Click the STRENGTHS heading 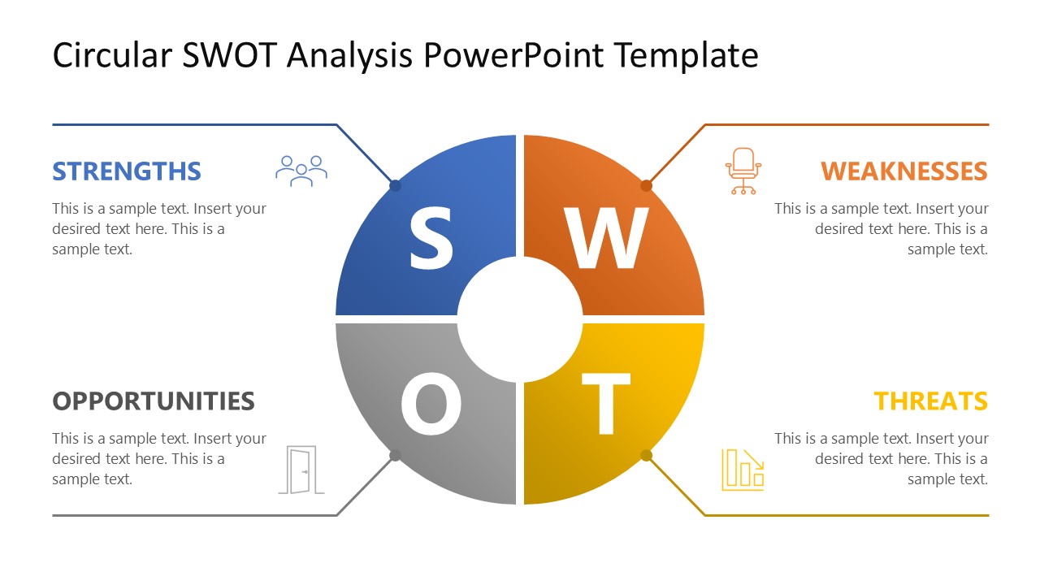pos(127,171)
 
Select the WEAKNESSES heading pos(903,171)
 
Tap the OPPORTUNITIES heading pos(154,401)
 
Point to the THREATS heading pos(930,401)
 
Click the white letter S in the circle pos(431,237)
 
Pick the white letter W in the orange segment pos(607,239)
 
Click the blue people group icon pos(301,171)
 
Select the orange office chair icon pos(743,171)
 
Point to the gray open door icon pos(301,470)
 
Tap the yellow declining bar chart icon pos(743,470)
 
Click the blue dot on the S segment pos(396,185)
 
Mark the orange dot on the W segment pos(646,185)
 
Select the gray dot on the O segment pos(396,456)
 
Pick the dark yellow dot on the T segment pos(646,456)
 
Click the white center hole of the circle pos(520,319)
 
